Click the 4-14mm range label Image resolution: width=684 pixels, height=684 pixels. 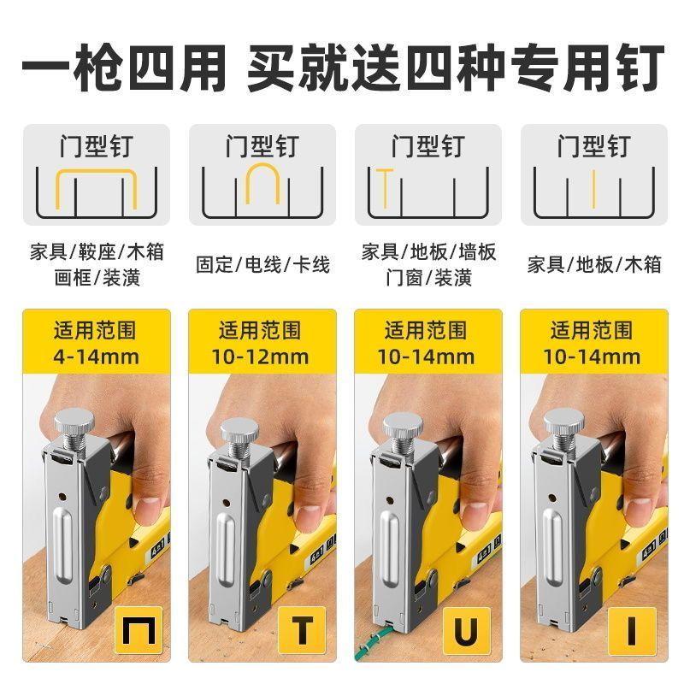96,357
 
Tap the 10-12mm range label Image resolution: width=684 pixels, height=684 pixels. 261,357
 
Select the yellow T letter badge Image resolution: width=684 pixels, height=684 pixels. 302,629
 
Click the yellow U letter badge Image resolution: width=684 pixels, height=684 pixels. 467,630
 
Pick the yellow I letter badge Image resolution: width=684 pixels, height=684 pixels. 632,630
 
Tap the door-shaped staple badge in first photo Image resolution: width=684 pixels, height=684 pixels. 139,629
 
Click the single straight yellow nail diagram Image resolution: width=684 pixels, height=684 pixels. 593,188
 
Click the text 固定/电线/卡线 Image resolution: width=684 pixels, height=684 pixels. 262,265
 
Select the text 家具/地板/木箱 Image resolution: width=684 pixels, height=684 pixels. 594,265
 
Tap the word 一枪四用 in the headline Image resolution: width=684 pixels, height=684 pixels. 123,68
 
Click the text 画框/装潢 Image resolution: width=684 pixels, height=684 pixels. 97,277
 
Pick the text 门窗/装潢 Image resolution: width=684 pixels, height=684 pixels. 428,277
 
